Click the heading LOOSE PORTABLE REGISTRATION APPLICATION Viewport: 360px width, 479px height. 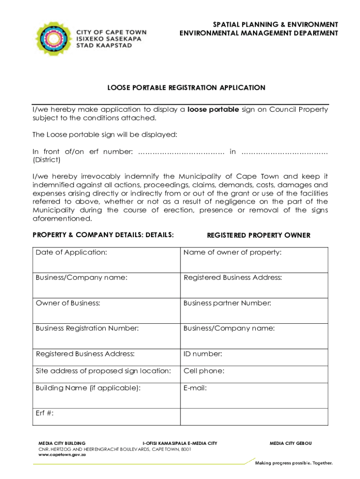tap(186, 87)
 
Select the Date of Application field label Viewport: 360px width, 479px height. tap(71, 253)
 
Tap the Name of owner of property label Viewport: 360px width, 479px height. tap(232, 253)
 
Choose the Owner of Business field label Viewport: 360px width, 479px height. tap(68, 303)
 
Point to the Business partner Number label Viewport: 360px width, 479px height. tap(227, 303)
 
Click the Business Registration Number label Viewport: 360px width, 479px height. tap(87, 328)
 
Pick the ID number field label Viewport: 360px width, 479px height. tap(203, 354)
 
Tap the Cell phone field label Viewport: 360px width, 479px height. tap(204, 371)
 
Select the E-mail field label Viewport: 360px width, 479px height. tap(195, 388)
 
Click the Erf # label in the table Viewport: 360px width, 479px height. tap(44, 413)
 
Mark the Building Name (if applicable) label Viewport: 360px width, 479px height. tap(88, 388)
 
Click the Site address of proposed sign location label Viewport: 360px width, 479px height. tap(103, 371)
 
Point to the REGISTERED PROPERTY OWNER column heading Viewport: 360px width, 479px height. tap(259, 235)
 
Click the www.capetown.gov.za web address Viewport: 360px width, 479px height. tap(62, 454)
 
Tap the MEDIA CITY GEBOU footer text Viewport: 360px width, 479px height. tap(290, 443)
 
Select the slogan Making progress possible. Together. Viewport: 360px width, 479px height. tap(294, 463)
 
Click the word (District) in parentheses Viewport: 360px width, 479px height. tap(46, 160)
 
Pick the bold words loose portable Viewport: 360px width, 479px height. tap(213, 109)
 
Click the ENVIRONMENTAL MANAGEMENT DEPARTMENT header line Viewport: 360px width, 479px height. tap(259, 33)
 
